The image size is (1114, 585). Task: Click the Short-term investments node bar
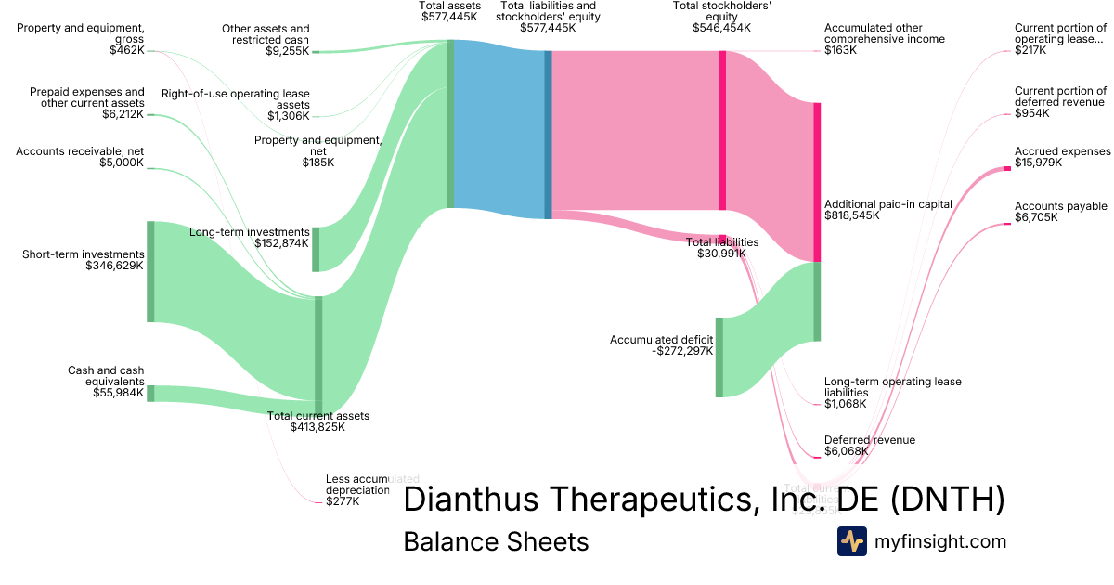click(x=150, y=271)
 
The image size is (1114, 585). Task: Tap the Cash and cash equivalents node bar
click(x=150, y=393)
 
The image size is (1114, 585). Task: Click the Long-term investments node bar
click(x=316, y=249)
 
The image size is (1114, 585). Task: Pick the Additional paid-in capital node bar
click(x=817, y=182)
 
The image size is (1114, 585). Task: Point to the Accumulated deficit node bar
click(x=719, y=357)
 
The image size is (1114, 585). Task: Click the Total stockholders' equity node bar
click(x=721, y=130)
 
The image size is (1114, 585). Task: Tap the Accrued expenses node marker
click(x=1006, y=168)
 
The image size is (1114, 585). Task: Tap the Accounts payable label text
click(x=1060, y=206)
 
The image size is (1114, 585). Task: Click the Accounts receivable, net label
click(x=80, y=150)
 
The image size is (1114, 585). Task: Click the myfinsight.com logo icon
click(x=851, y=541)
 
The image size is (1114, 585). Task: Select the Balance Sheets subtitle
click(x=496, y=541)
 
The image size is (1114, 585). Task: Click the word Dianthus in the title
click(x=484, y=500)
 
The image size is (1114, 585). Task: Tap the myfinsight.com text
click(x=939, y=541)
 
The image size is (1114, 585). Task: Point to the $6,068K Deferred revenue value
click(x=846, y=452)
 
